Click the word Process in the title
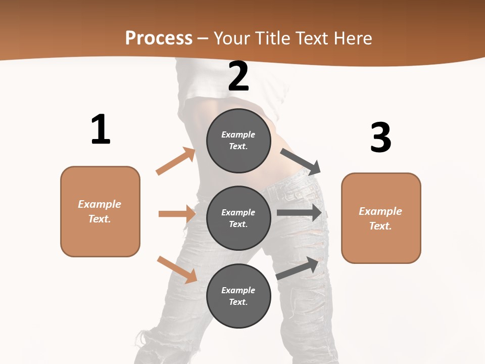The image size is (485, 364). [159, 38]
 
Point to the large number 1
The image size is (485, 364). [101, 130]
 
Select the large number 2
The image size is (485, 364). [238, 76]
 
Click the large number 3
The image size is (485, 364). [380, 138]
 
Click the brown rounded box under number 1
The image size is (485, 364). [100, 211]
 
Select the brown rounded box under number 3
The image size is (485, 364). [381, 218]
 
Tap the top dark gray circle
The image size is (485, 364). [238, 141]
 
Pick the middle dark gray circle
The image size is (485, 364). [238, 218]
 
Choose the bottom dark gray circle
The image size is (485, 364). [238, 296]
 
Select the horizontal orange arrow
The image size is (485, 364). [177, 214]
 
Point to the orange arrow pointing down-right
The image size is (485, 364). [177, 269]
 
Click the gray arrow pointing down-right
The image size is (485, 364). [301, 160]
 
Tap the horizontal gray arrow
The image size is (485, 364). [299, 213]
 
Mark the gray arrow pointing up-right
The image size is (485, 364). [298, 268]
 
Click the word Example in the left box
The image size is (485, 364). [100, 204]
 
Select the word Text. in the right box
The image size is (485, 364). [380, 226]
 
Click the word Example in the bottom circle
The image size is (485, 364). [238, 290]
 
